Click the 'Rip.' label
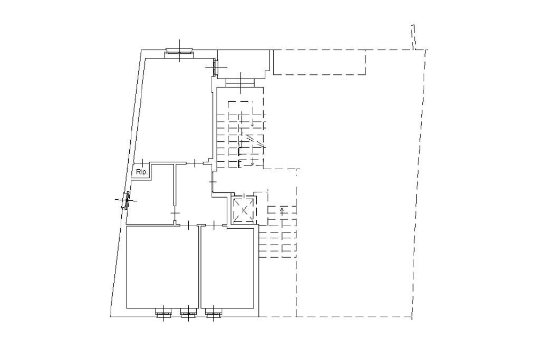[141, 172]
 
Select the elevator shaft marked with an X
[244, 210]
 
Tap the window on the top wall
[180, 51]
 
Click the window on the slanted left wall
[126, 200]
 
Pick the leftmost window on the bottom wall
[163, 315]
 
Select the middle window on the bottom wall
[188, 315]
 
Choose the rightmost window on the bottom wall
[213, 315]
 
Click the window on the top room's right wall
[215, 67]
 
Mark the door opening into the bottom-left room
[188, 226]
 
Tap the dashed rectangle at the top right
[320, 62]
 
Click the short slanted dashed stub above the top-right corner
[414, 37]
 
